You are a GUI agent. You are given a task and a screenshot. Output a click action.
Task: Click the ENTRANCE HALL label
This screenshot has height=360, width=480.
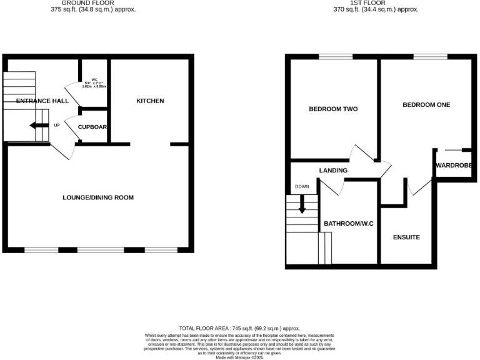[42, 101]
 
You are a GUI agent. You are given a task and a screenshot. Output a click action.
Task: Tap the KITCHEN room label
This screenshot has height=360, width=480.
[151, 101]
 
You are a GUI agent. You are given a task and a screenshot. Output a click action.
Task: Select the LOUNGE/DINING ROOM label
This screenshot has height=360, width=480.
[99, 197]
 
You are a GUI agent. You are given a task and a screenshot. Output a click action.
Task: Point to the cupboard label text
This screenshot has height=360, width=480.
[93, 127]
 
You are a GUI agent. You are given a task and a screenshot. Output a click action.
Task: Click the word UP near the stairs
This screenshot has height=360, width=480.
[56, 126]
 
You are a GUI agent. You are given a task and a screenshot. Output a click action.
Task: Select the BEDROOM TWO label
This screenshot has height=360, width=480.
[333, 109]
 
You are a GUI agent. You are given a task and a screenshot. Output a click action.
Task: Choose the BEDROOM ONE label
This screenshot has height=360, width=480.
[426, 104]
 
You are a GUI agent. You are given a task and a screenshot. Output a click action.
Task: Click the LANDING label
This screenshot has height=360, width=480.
[333, 170]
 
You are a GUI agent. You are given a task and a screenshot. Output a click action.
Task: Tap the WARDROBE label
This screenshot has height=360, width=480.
[454, 166]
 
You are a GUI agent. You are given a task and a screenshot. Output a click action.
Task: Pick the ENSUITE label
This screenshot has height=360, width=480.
[406, 237]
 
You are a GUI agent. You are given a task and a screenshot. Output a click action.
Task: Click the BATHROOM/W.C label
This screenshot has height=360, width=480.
[347, 223]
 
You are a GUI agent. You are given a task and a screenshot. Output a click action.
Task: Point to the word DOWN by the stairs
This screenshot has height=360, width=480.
[302, 186]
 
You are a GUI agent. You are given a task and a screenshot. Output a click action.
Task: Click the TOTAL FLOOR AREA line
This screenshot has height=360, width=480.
[240, 328]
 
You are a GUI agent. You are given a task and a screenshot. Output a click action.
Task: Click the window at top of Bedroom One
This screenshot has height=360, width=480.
[426, 57]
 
